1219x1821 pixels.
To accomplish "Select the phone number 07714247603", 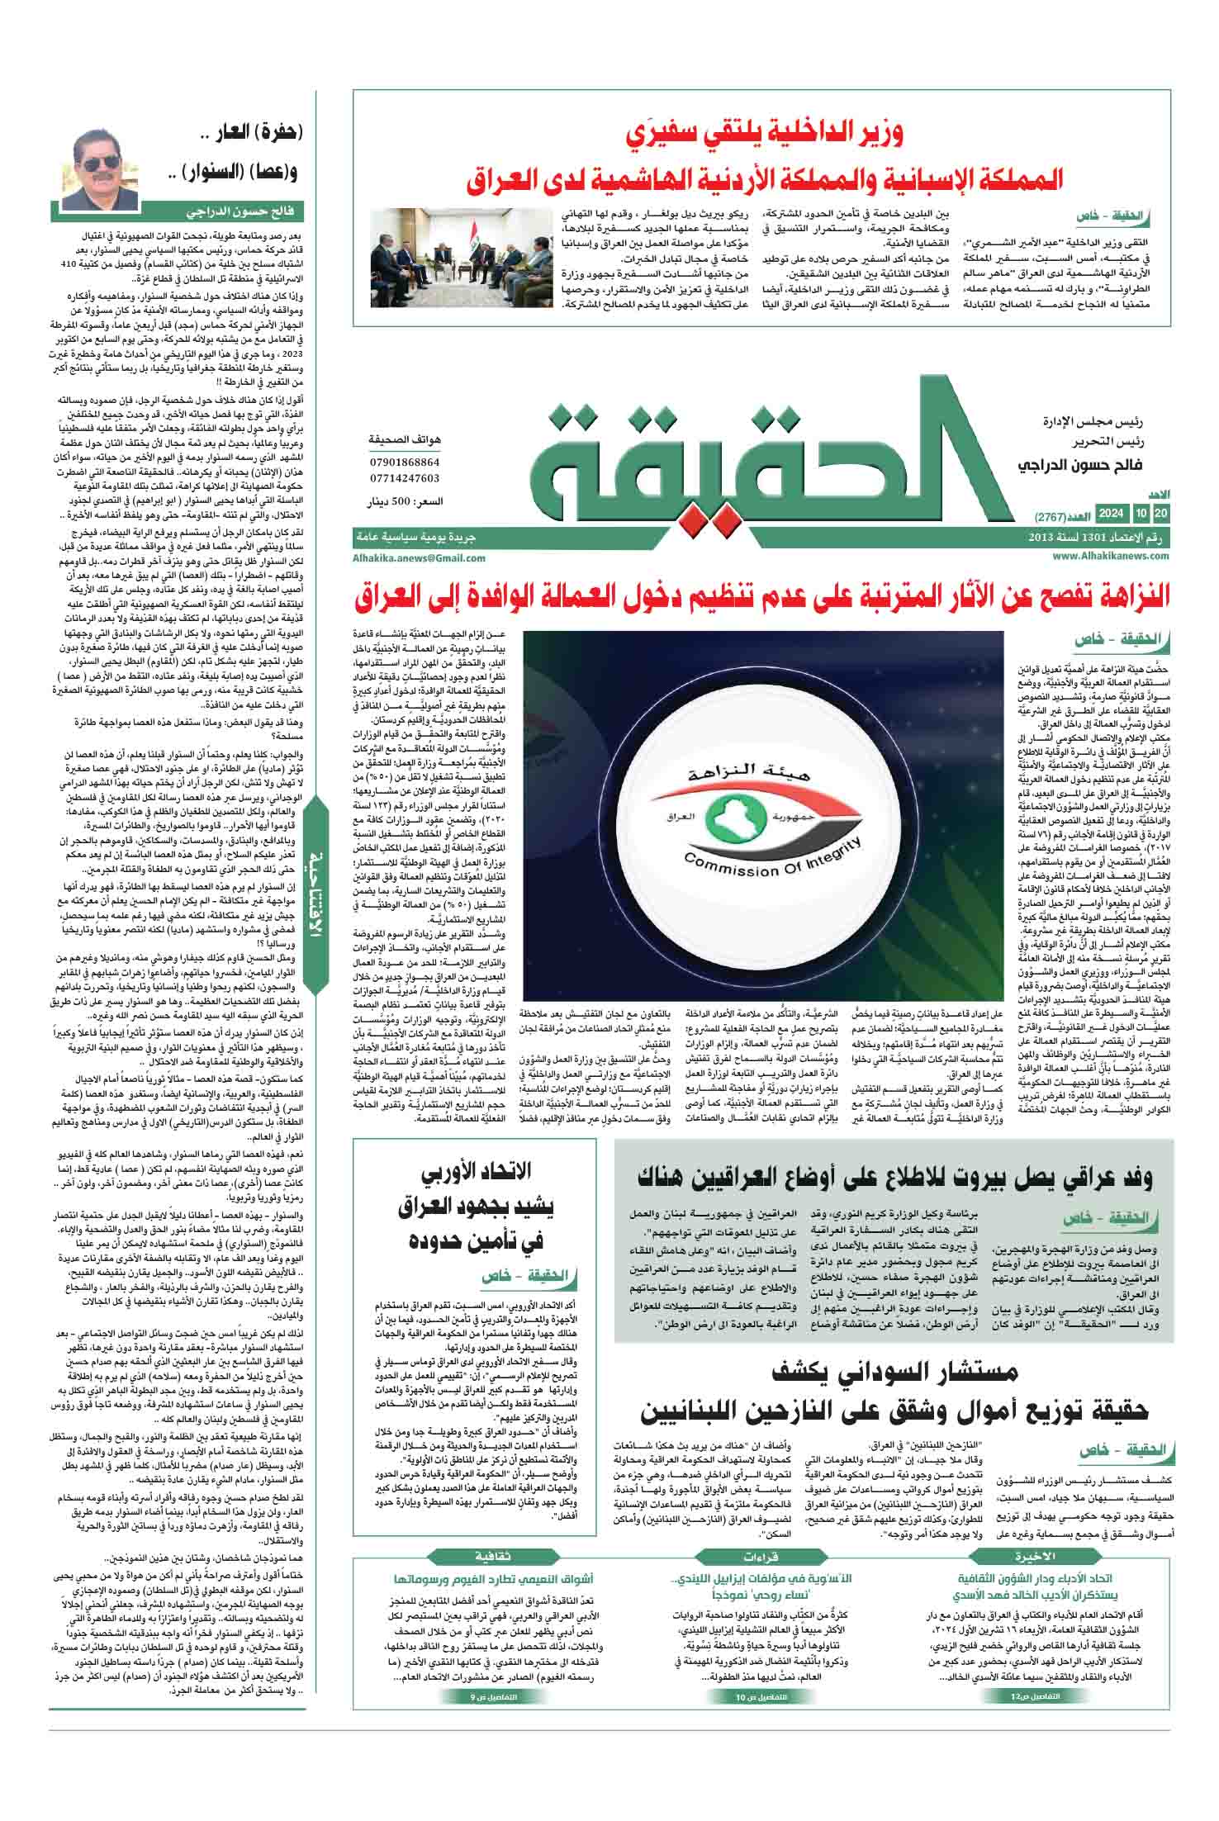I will tap(406, 478).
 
